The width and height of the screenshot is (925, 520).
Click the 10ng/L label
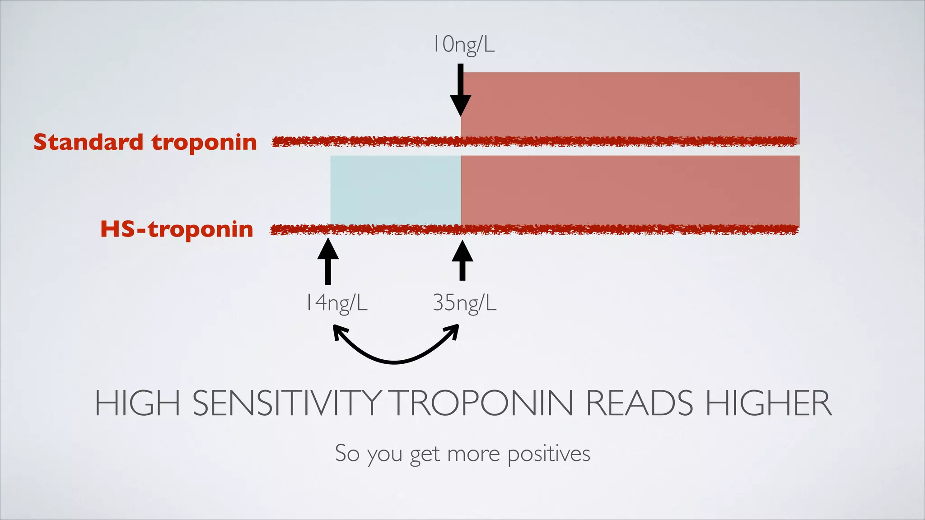tap(464, 45)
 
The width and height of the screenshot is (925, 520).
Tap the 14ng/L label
tap(336, 302)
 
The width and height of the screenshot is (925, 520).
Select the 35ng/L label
tap(464, 302)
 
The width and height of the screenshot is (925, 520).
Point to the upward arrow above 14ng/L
tap(328, 262)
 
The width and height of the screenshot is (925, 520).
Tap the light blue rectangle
tap(395, 190)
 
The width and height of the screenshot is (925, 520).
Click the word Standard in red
tap(89, 142)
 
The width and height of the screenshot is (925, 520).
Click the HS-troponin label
tap(177, 229)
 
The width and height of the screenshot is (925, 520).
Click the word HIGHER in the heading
tap(768, 403)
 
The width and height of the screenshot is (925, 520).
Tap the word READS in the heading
tap(639, 403)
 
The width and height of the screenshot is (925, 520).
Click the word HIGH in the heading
tap(137, 403)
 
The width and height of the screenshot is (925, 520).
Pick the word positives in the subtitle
tap(549, 454)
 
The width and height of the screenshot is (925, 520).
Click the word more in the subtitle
tap(473, 454)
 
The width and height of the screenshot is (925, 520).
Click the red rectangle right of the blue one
tap(630, 190)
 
